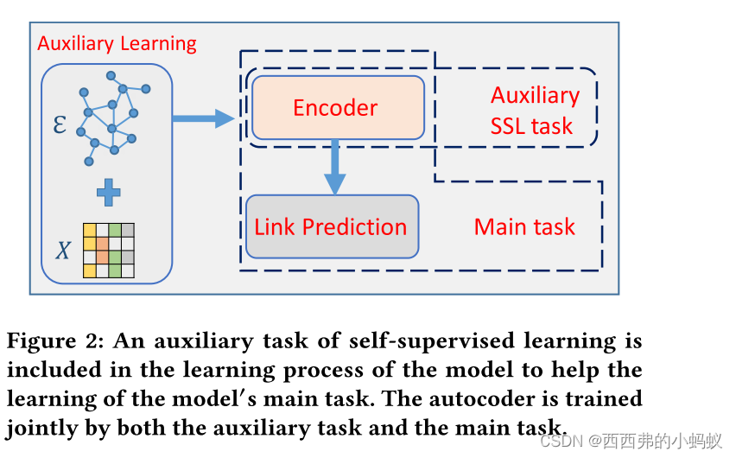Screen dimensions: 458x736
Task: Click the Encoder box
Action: click(337, 108)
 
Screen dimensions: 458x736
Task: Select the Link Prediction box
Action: click(332, 227)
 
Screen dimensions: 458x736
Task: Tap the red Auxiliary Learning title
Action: click(117, 43)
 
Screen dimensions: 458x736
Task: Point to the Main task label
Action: click(524, 227)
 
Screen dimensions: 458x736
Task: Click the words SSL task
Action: click(531, 126)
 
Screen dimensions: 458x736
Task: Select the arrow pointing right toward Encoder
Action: click(203, 119)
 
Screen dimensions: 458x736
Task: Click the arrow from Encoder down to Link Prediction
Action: click(334, 168)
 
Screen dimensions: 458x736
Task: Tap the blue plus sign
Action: click(108, 194)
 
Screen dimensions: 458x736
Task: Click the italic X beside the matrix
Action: click(62, 251)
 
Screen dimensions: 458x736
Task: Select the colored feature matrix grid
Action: click(109, 250)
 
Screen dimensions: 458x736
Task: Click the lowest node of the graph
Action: click(88, 161)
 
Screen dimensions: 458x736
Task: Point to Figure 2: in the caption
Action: click(55, 340)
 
